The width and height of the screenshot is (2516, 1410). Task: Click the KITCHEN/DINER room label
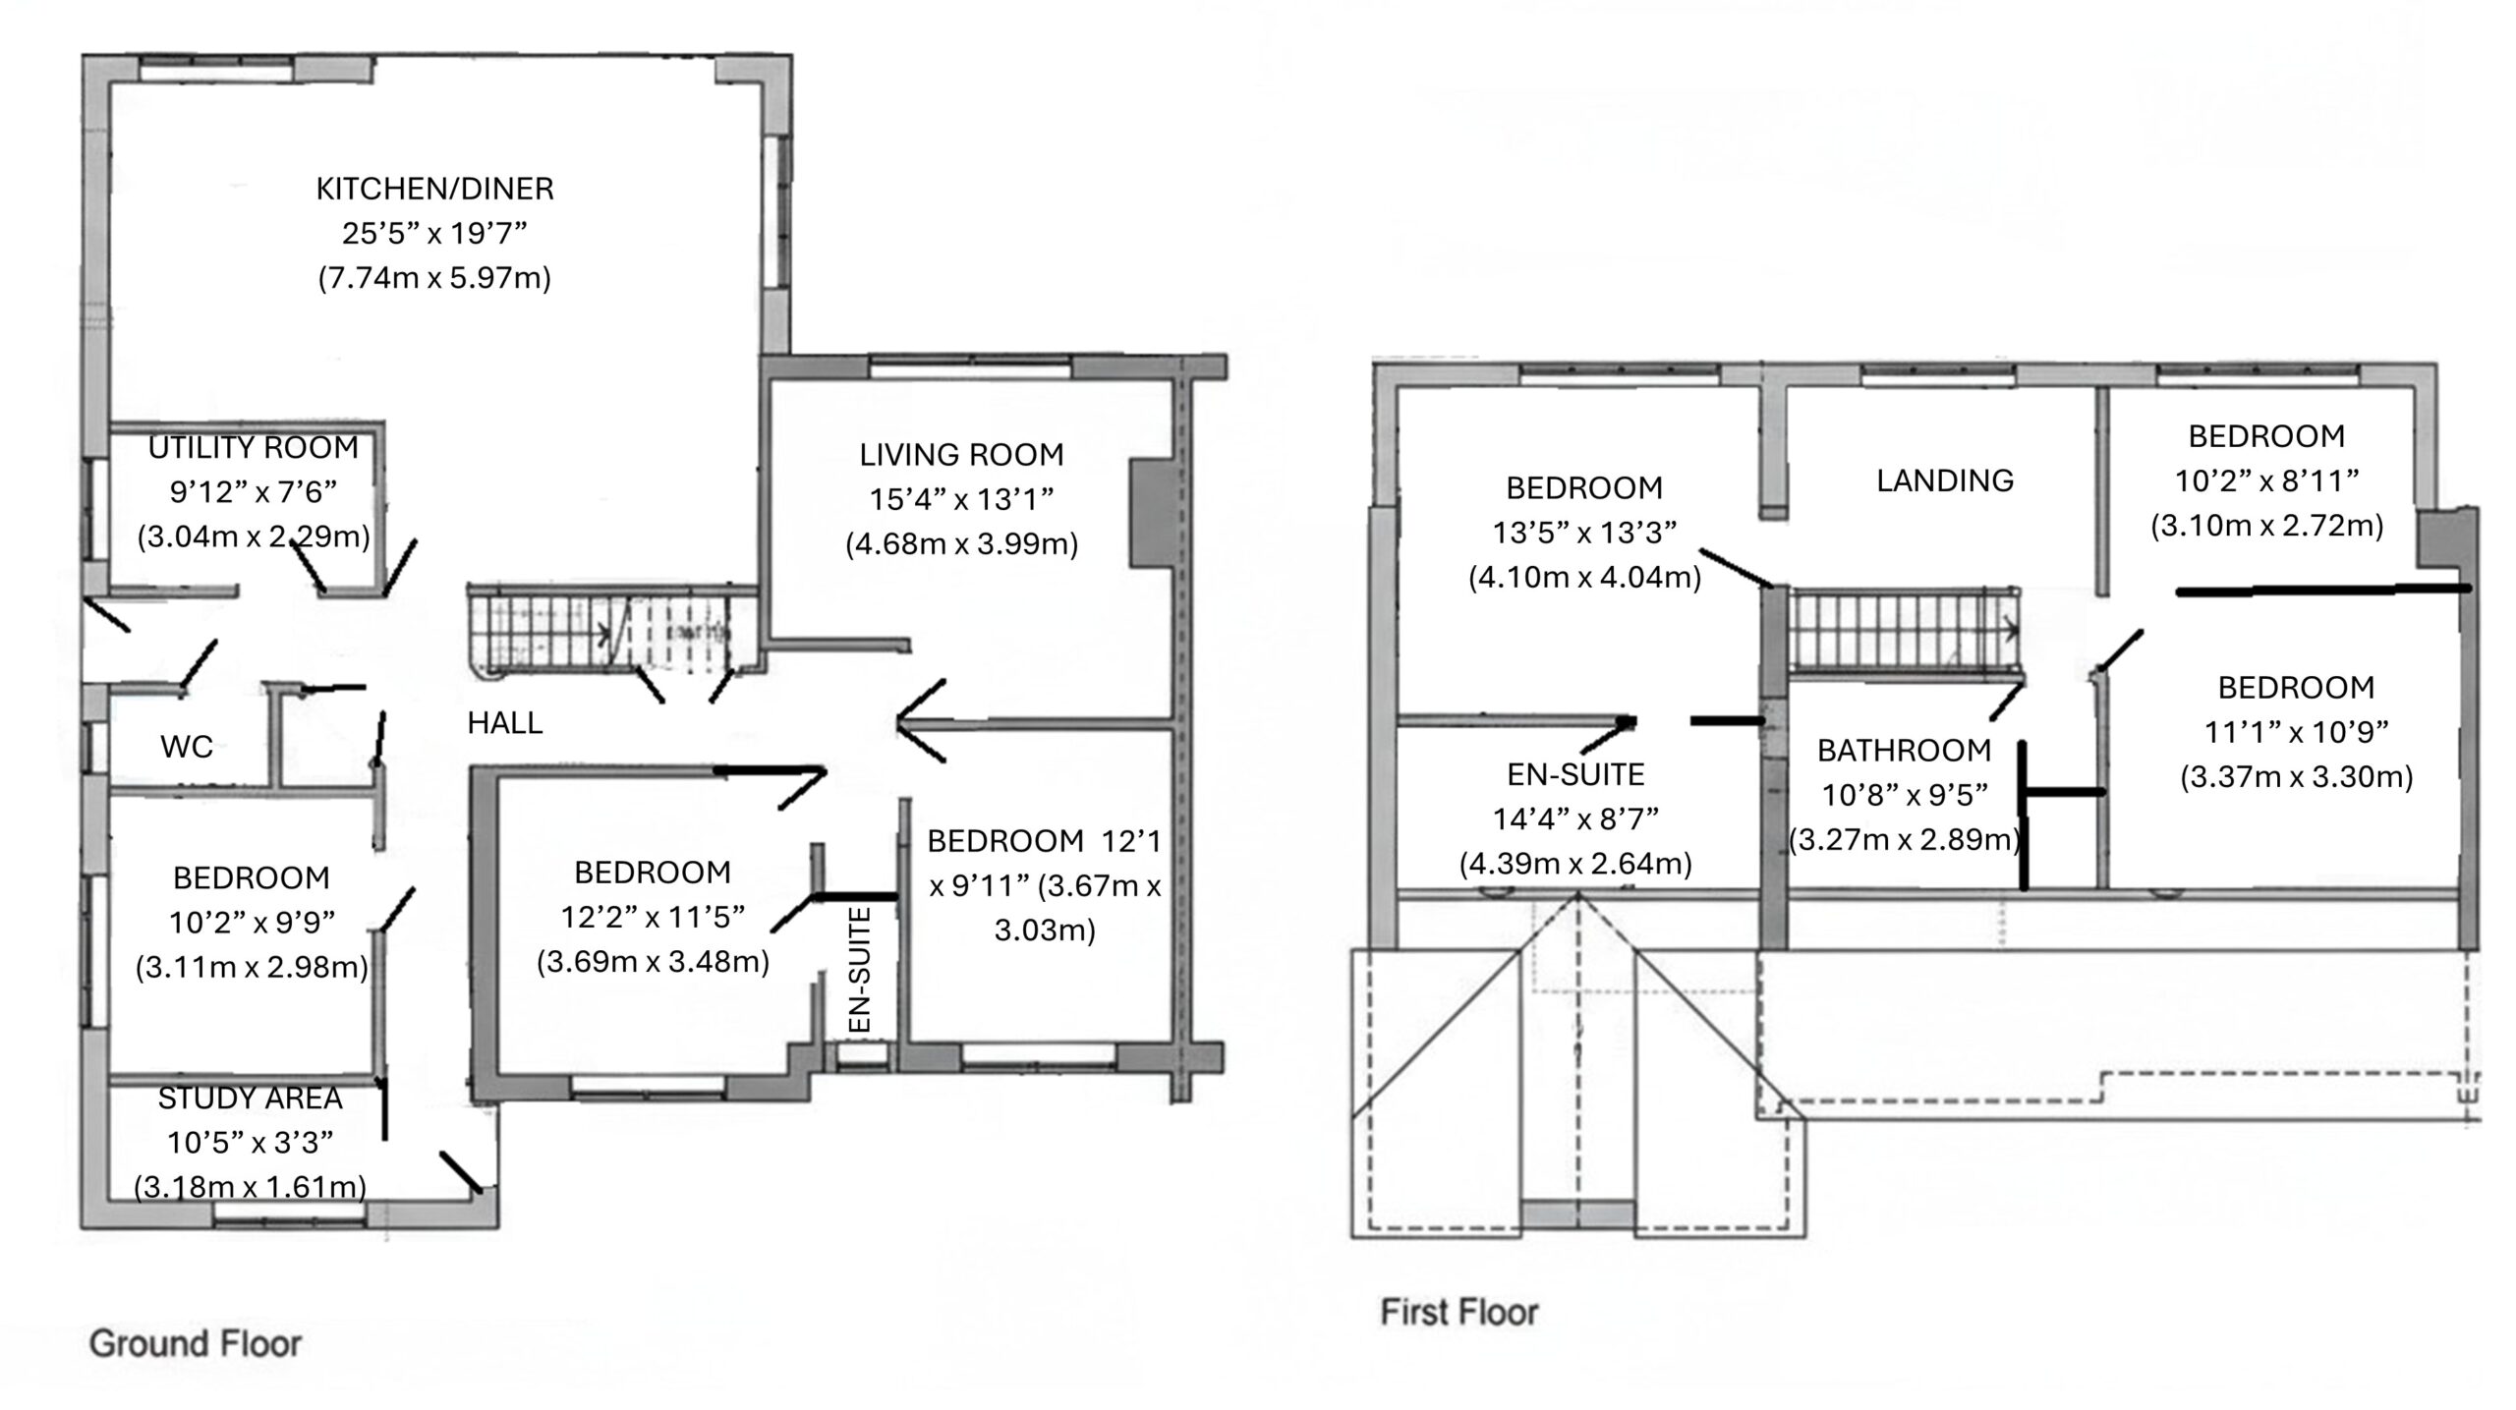click(434, 189)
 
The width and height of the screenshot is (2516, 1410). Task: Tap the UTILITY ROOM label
click(254, 448)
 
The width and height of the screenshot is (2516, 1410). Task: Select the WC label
click(187, 747)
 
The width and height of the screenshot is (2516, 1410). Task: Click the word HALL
click(505, 723)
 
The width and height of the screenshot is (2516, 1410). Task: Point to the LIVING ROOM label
click(961, 455)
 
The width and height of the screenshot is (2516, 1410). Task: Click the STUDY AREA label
click(250, 1098)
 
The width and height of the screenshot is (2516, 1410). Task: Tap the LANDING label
click(1945, 480)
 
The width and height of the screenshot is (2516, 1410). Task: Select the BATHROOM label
click(1904, 751)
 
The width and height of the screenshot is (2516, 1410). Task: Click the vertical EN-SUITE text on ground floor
click(860, 970)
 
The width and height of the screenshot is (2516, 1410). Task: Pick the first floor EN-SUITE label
click(1575, 774)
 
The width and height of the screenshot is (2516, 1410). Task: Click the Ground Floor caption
click(196, 1343)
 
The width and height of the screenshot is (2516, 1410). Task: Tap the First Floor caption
click(1459, 1312)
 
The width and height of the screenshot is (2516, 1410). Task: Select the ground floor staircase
click(600, 634)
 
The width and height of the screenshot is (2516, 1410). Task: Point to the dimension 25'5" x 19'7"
click(434, 234)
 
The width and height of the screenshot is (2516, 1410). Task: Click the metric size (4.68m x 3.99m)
click(961, 544)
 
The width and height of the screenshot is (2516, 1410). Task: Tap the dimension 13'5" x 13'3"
click(1584, 533)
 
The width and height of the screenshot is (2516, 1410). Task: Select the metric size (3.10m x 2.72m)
click(2266, 526)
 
